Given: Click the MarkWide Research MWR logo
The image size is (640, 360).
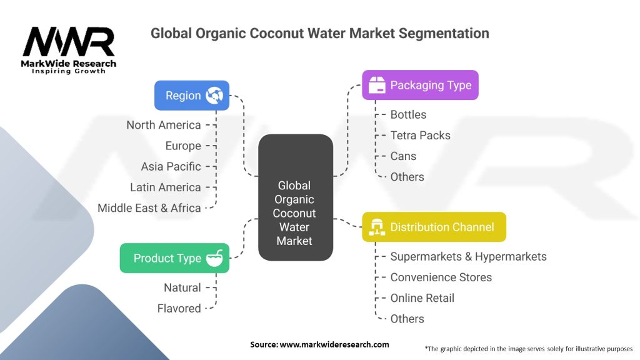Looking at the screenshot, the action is [69, 50].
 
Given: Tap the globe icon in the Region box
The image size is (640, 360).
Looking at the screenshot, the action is [214, 96].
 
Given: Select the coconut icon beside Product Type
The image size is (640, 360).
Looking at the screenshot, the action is [214, 258].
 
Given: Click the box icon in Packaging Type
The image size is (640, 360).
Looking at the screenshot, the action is [377, 85].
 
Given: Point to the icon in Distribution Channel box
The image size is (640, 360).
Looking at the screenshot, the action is [377, 227].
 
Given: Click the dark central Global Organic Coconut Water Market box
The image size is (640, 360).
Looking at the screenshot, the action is [296, 197].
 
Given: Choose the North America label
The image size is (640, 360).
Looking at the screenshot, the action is [164, 125].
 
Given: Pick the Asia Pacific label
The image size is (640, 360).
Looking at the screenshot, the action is [171, 166].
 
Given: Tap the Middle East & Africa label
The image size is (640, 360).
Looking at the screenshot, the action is [149, 208].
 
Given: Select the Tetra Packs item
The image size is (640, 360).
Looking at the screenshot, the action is [421, 136].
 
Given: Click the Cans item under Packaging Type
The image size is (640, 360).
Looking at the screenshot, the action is [403, 156].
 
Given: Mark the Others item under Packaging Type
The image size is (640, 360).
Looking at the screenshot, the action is [407, 177].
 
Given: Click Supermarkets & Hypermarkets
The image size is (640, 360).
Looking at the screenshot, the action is [469, 257].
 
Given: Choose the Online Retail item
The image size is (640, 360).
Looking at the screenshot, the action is [422, 298].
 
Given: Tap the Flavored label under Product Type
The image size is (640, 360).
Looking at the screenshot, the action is [179, 309].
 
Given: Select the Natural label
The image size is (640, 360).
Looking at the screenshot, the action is [182, 287].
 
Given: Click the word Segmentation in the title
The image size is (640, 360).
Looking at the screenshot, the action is [444, 34].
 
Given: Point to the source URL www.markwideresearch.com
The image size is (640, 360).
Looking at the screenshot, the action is [334, 344].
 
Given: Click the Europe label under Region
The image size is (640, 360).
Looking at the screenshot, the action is [183, 146].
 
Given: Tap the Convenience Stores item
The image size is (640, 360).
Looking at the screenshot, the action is [441, 277].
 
